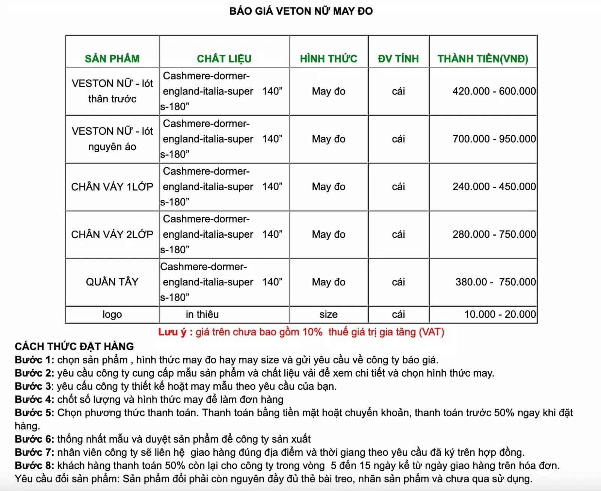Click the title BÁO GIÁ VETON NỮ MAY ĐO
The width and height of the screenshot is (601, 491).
[301, 11]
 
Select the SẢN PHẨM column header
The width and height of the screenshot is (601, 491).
[112, 59]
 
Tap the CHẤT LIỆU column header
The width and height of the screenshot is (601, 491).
[224, 59]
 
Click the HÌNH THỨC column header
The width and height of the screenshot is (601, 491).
[328, 59]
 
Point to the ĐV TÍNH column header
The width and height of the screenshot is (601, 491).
[398, 59]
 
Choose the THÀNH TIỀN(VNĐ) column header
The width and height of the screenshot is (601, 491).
[483, 59]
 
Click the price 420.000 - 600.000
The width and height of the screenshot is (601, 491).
[494, 91]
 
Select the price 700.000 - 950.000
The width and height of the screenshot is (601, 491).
[494, 139]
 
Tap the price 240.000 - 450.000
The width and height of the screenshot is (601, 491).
[494, 186]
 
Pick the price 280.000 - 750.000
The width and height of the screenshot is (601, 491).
[494, 234]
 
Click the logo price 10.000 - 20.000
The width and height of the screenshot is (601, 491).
[500, 314]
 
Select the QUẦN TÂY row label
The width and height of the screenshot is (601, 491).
[112, 282]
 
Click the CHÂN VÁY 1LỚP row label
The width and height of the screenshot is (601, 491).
[112, 186]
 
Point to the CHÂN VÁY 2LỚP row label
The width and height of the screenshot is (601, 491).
[112, 234]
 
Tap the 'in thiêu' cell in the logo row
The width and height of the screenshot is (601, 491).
[202, 314]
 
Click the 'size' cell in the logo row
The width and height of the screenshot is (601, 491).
[328, 314]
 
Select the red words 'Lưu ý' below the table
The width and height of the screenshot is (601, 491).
[172, 332]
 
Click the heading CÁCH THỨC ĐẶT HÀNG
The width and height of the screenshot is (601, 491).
[74, 346]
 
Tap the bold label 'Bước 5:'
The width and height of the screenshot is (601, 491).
[35, 413]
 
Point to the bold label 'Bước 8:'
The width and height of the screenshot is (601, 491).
[35, 465]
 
